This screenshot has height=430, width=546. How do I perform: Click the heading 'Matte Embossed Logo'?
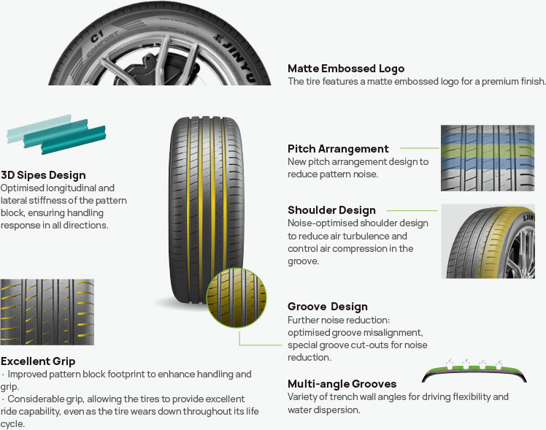(x=346, y=69)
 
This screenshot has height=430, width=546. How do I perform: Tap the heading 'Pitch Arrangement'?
(x=338, y=149)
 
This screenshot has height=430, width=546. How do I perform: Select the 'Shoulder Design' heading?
(x=331, y=210)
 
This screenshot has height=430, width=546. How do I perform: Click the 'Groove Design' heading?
(x=327, y=307)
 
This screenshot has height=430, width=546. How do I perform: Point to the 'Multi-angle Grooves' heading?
(x=342, y=384)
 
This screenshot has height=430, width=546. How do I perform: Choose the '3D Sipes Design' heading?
(x=43, y=175)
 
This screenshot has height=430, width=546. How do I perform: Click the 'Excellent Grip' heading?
(x=38, y=361)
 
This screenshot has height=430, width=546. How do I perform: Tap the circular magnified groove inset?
(x=237, y=298)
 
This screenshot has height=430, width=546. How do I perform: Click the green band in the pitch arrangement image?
(x=488, y=151)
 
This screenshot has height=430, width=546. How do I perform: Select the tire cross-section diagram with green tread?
(x=474, y=370)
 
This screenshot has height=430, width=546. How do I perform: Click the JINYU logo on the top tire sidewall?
(x=236, y=57)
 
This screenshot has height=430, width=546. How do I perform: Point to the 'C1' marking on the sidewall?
(x=97, y=37)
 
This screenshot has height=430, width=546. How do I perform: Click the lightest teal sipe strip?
(x=39, y=128)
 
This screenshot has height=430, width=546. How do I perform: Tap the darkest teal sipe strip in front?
(x=73, y=140)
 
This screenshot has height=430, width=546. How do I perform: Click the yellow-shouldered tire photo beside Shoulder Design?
(x=488, y=242)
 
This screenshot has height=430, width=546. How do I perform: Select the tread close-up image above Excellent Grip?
(x=47, y=312)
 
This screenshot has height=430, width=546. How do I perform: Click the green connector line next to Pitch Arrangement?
(x=420, y=148)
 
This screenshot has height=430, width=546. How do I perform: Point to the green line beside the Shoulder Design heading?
(x=412, y=211)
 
